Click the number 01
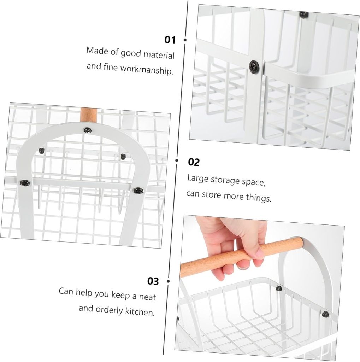(x=170, y=40)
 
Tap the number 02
(x=194, y=162)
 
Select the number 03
(x=153, y=281)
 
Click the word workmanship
(x=147, y=69)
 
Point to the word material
(x=159, y=55)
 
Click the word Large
(x=198, y=179)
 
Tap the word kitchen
(x=140, y=311)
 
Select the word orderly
(x=109, y=310)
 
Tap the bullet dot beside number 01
(x=185, y=40)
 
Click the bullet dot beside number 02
(x=177, y=160)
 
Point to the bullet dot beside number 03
(x=168, y=281)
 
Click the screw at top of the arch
(x=88, y=130)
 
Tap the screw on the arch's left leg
(x=25, y=183)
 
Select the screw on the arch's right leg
(x=138, y=191)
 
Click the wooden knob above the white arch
(x=88, y=115)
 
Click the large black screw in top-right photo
(x=254, y=66)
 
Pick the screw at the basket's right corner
(x=325, y=314)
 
